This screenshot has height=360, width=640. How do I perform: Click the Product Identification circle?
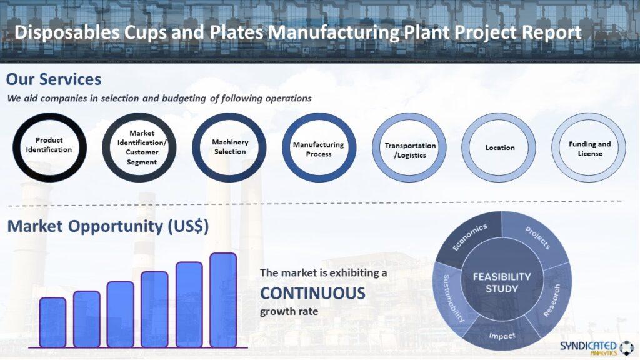[x=49, y=146]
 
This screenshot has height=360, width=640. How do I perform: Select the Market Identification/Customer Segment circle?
[x=139, y=147]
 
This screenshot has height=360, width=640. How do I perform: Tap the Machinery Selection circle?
[x=229, y=147]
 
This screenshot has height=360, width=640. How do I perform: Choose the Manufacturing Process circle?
[x=319, y=148]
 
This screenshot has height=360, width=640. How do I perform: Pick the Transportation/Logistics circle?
[x=409, y=148]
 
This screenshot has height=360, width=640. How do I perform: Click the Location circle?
[x=499, y=147]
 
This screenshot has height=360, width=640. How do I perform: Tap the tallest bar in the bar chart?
[x=223, y=300]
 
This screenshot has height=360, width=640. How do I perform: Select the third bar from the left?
[x=121, y=314]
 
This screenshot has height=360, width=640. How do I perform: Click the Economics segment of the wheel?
[x=469, y=237]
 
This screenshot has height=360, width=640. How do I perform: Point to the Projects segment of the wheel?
[x=536, y=238]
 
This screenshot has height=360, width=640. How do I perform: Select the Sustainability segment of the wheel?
[x=451, y=297]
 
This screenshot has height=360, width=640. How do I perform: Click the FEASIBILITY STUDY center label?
[x=502, y=282]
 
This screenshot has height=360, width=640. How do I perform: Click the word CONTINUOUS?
[x=312, y=293]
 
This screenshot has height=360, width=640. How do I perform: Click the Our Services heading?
[x=54, y=79]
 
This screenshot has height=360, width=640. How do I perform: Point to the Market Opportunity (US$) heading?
[x=108, y=226]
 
